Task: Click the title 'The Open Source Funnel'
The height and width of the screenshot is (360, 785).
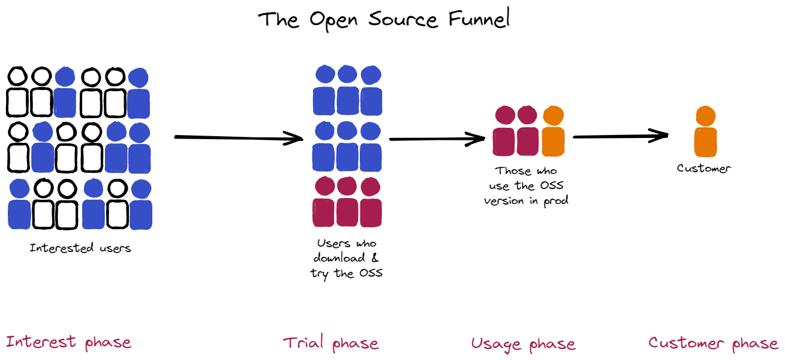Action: tap(384, 19)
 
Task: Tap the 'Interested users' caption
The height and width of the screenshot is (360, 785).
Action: tap(80, 247)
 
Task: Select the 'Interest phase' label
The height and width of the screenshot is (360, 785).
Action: tap(68, 342)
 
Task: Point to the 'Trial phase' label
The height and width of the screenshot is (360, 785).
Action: tap(330, 343)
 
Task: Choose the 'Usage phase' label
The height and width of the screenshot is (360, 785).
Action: tap(523, 344)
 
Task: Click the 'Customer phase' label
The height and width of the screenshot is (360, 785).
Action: tap(713, 343)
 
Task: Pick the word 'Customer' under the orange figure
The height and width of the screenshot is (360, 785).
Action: tap(704, 169)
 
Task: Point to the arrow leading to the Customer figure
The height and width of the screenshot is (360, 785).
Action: tap(620, 137)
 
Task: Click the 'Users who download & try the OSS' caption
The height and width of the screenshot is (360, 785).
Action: tap(347, 258)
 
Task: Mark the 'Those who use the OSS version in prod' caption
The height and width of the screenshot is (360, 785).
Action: tap(526, 186)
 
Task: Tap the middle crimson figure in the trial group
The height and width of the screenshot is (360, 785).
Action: tap(347, 203)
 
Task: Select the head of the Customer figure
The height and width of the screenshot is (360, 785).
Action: tap(706, 116)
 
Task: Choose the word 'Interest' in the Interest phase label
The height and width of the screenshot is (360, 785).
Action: tap(41, 342)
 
